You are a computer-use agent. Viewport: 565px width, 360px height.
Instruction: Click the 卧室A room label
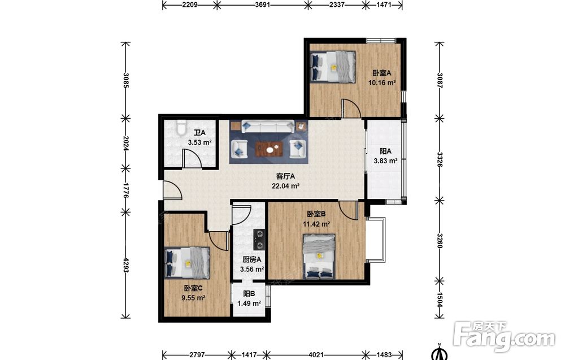click(381, 73)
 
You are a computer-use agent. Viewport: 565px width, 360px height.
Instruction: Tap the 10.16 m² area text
click(382, 83)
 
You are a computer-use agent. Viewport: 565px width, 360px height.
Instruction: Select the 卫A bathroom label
click(199, 133)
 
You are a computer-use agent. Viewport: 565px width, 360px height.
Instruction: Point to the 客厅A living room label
click(286, 176)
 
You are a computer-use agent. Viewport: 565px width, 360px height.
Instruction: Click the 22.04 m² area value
click(286, 186)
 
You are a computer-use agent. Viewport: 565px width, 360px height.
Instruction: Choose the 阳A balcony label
click(385, 151)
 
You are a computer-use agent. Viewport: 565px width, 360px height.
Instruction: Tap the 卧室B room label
click(316, 214)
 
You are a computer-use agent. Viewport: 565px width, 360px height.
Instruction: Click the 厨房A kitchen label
click(252, 259)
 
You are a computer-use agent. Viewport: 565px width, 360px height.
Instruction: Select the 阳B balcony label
click(249, 294)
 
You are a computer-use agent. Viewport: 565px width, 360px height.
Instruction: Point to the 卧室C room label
click(193, 288)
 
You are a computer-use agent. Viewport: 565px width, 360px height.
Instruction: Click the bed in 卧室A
click(333, 67)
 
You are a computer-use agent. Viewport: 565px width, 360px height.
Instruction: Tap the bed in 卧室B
click(319, 257)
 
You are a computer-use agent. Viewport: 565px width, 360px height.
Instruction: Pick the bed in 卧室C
click(187, 263)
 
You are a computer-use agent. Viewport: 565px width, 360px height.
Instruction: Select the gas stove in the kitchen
click(259, 240)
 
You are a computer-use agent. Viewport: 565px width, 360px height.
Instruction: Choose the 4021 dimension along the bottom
click(316, 354)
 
